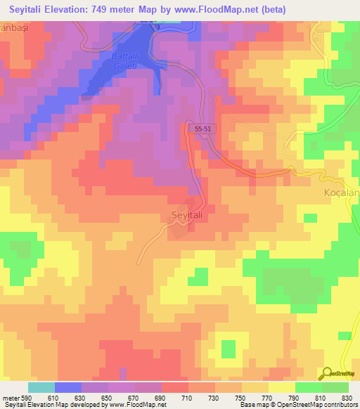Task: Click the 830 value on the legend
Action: (347, 398)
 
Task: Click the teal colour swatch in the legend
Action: (41, 387)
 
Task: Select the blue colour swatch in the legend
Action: (68, 387)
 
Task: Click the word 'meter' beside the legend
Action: (11, 398)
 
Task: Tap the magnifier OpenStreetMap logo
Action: (328, 375)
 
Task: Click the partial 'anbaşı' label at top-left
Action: (15, 26)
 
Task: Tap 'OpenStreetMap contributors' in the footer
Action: (316, 405)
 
